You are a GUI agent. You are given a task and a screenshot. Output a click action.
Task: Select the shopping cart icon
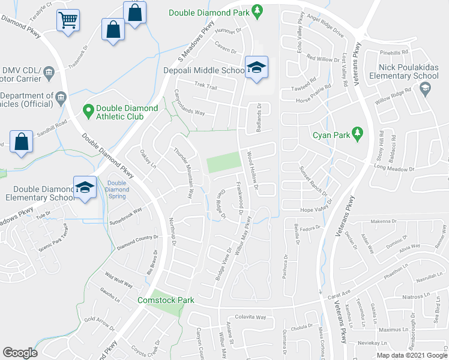(x=67, y=20)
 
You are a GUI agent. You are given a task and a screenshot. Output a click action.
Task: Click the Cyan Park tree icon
(x=358, y=132)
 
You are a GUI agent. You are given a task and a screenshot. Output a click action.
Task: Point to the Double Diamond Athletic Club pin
(x=88, y=109)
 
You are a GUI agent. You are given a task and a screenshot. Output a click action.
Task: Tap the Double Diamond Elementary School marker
(x=85, y=186)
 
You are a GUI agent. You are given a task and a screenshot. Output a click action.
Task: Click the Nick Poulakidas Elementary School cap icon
(x=426, y=89)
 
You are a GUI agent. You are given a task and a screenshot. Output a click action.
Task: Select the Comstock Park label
(x=166, y=299)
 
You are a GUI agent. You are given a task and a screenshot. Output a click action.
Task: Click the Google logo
(x=20, y=352)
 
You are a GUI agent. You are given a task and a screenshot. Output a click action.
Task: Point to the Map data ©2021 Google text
(x=412, y=355)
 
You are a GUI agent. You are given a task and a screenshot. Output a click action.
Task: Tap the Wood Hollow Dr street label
(x=252, y=171)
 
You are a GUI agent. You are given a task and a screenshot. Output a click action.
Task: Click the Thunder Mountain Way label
(x=182, y=173)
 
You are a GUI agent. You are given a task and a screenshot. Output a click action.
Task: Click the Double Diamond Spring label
(x=117, y=189)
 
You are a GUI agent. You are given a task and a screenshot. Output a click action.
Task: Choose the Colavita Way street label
(x=250, y=316)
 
